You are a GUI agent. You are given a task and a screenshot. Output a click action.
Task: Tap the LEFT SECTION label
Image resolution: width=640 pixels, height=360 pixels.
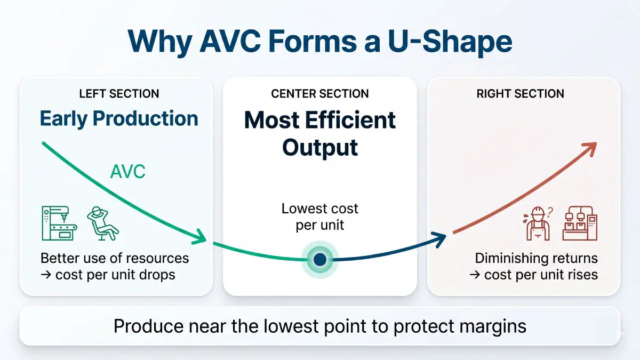coord(119,94)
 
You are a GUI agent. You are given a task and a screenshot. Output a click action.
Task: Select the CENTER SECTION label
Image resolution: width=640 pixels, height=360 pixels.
coord(320,94)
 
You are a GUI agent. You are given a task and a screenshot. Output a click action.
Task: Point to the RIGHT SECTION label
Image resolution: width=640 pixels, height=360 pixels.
coord(520,94)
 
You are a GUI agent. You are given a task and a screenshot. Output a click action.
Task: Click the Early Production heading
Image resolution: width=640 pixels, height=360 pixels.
coord(119,118)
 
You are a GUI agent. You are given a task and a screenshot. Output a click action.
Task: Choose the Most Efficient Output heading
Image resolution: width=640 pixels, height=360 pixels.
coord(320,133)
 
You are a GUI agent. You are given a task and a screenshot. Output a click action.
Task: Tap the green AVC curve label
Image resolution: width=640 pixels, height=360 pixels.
coord(127,172)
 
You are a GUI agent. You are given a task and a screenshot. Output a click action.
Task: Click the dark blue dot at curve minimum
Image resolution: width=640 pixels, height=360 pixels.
coord(319,260)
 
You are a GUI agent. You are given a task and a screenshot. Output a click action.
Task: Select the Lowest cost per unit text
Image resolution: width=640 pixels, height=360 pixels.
coord(320,217)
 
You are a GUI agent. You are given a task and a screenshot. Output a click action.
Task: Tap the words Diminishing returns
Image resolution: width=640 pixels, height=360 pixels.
coord(536,259)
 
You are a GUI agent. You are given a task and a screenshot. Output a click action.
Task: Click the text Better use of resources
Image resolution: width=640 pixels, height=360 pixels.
coord(115,259)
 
